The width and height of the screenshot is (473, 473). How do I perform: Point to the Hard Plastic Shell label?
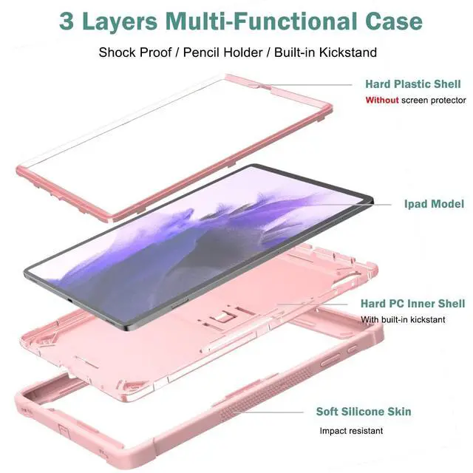pos(412,84)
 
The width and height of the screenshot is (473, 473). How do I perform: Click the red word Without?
pos(381,100)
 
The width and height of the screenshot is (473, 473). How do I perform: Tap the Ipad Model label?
pos(434,204)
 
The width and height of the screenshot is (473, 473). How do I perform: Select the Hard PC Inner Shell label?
pos(412,304)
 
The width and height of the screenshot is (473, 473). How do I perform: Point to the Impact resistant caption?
pos(351,430)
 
